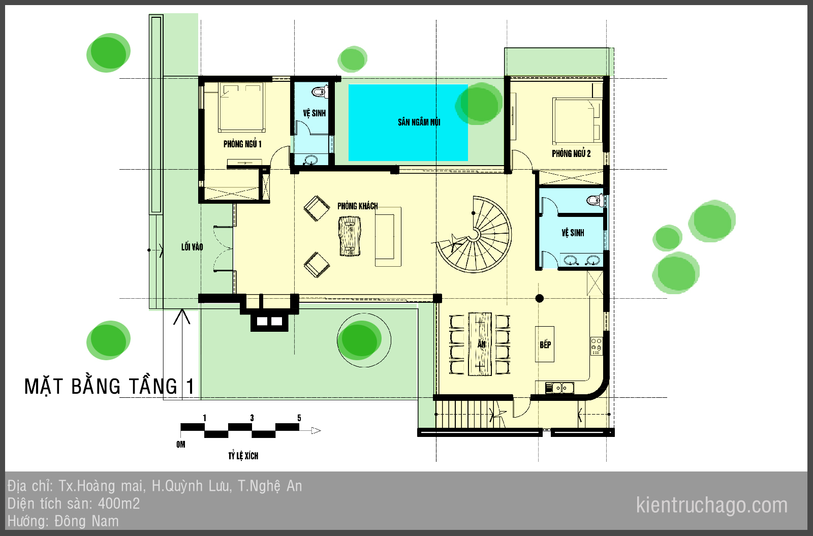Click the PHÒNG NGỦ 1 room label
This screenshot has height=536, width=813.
(242, 144)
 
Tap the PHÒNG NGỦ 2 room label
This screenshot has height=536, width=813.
(571, 153)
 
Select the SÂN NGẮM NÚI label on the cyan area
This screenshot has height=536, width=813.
(419, 122)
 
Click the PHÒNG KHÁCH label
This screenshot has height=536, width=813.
(358, 206)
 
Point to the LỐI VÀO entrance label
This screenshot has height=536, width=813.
(192, 247)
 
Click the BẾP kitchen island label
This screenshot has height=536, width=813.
(545, 344)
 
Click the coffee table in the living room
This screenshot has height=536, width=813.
(350, 236)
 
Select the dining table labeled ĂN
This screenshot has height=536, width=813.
(480, 344)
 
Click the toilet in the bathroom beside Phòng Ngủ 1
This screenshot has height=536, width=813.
(320, 91)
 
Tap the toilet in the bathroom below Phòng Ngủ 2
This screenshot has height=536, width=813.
(595, 200)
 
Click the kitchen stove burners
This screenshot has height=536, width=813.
(597, 346)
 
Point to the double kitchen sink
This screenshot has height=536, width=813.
(559, 388)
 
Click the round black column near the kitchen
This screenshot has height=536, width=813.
(539, 298)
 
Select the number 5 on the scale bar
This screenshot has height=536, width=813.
(299, 418)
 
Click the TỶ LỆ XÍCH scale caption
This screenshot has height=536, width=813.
(243, 456)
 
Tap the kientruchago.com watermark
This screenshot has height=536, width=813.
(712, 505)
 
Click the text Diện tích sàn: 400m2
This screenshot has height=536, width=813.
(74, 503)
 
